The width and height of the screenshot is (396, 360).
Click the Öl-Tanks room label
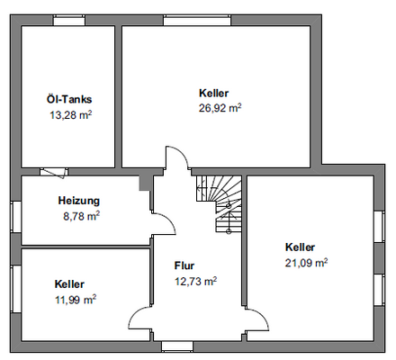point(69,99)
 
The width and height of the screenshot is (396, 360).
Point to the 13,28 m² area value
point(70,114)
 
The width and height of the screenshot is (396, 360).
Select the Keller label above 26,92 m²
point(214,93)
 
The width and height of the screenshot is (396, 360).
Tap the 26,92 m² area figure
point(220,107)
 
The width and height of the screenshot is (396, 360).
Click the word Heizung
point(78,201)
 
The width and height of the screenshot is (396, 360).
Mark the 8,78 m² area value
point(81,216)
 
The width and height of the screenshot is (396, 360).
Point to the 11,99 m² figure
point(75,299)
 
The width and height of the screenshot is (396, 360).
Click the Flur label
point(184,265)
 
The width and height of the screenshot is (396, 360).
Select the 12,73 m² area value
point(195,281)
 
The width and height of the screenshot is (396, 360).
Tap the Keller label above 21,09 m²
point(300,247)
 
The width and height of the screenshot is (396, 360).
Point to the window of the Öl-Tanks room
point(67,22)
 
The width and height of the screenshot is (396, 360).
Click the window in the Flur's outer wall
point(176,346)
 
